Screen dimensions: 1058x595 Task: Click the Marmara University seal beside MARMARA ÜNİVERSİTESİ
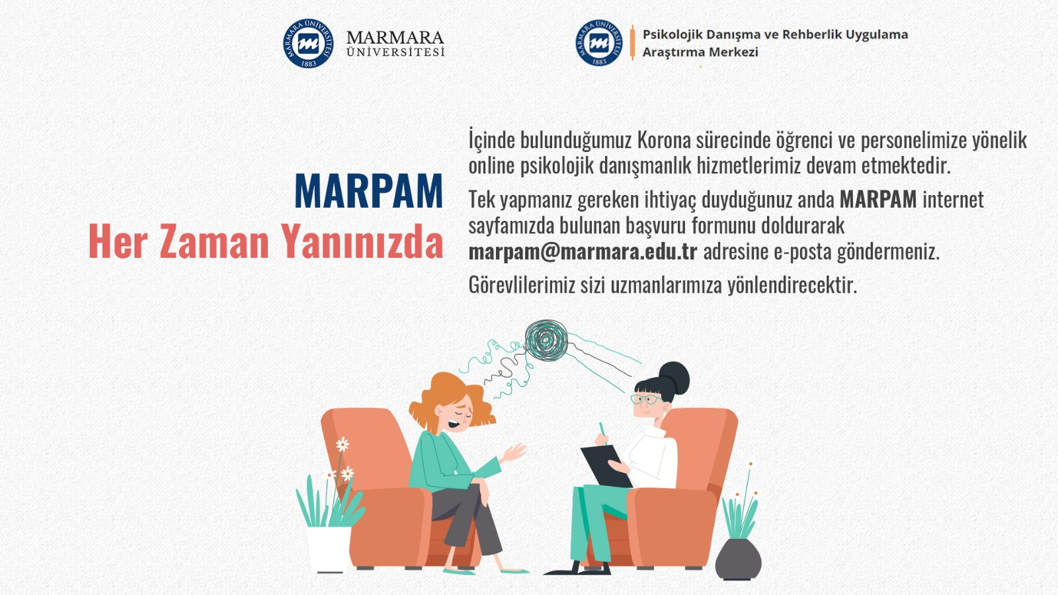tap(308, 44)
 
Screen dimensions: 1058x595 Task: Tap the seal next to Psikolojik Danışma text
tap(599, 43)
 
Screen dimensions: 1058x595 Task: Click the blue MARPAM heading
tap(368, 191)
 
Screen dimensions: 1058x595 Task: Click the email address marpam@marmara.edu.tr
tap(583, 252)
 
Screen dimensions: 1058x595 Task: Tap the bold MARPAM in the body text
tap(878, 200)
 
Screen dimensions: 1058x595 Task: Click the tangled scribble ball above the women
tap(546, 340)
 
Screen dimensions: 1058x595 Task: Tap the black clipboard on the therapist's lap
tap(606, 466)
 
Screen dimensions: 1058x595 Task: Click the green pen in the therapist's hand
tap(602, 432)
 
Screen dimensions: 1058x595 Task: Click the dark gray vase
tap(738, 559)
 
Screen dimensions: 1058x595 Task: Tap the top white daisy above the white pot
tap(343, 444)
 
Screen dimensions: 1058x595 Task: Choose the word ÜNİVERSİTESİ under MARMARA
tap(395, 52)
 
